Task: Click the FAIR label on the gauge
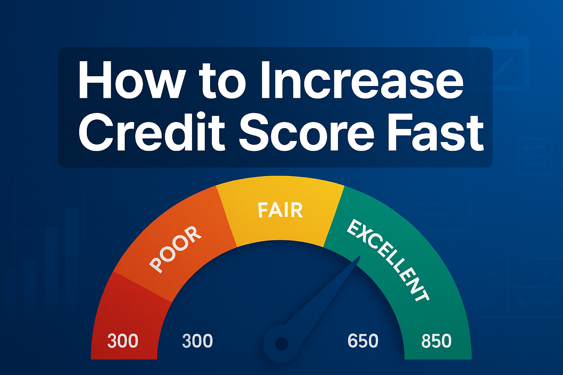(x=280, y=210)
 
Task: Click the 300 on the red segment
(x=122, y=341)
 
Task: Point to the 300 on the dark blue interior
(x=197, y=341)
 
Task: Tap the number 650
(x=363, y=341)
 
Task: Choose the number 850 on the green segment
(x=436, y=341)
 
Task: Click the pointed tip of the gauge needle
(x=359, y=257)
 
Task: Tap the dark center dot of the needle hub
(x=281, y=344)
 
